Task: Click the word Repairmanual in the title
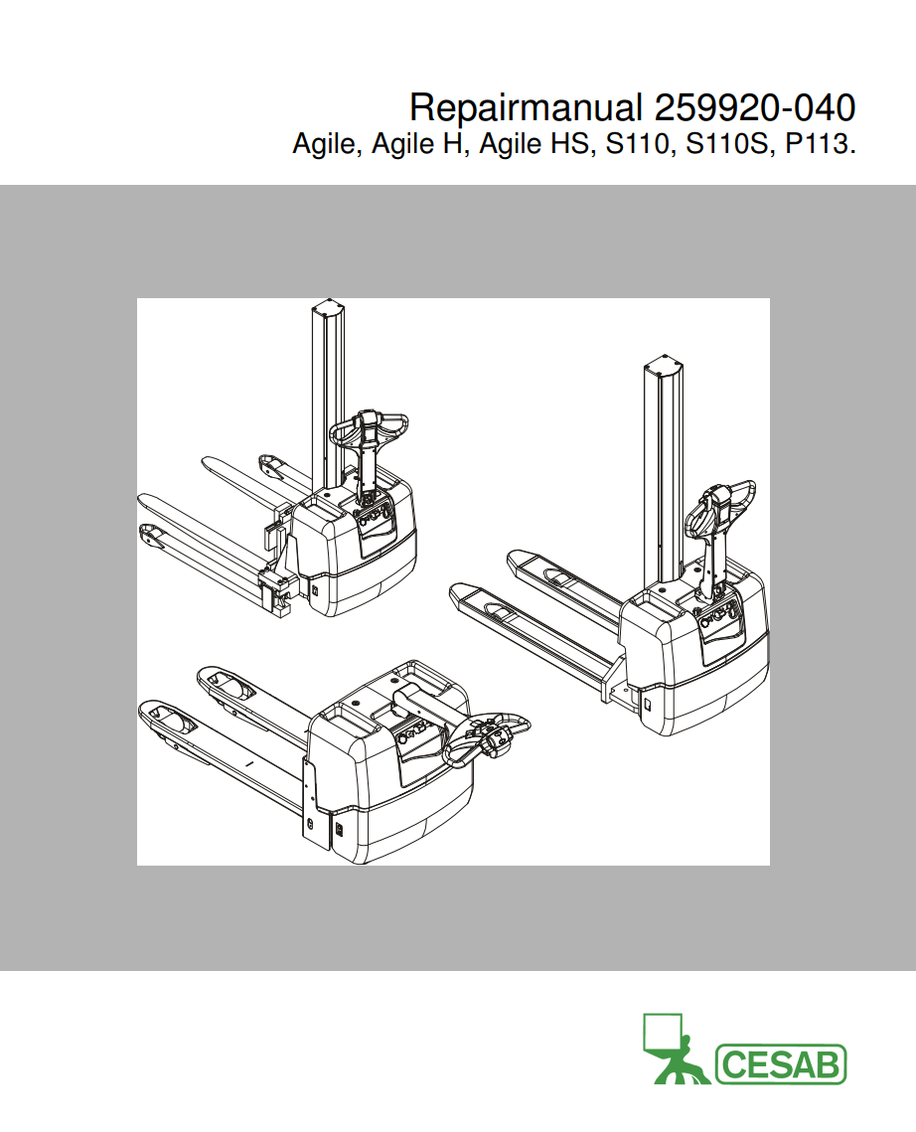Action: (527, 106)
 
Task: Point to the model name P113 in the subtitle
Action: (818, 145)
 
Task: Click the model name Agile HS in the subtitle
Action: (534, 145)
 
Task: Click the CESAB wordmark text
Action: (780, 1064)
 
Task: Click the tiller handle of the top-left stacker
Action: (369, 428)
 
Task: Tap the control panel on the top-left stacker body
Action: (377, 521)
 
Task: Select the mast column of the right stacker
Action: (663, 477)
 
